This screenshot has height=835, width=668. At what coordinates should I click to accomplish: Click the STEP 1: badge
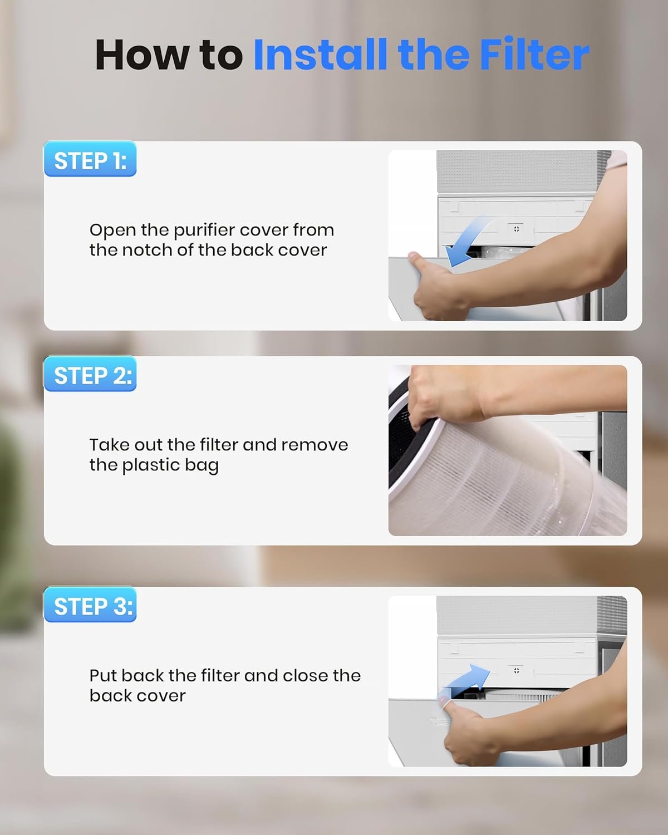point(90,159)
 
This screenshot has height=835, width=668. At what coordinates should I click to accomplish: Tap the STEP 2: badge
point(90,374)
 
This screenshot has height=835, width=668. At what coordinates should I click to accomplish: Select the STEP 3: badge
point(90,605)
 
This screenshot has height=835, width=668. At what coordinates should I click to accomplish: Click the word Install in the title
point(321,54)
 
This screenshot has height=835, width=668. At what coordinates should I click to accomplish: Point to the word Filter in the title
point(534,54)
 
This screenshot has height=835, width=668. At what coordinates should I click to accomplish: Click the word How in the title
point(142,54)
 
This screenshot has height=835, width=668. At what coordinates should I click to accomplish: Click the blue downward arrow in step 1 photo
point(466,242)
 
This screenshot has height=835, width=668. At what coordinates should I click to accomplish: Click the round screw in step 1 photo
point(516,229)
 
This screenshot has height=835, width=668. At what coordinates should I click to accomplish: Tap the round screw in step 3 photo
point(516,670)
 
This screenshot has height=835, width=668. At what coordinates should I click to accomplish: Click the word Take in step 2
point(110,445)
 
